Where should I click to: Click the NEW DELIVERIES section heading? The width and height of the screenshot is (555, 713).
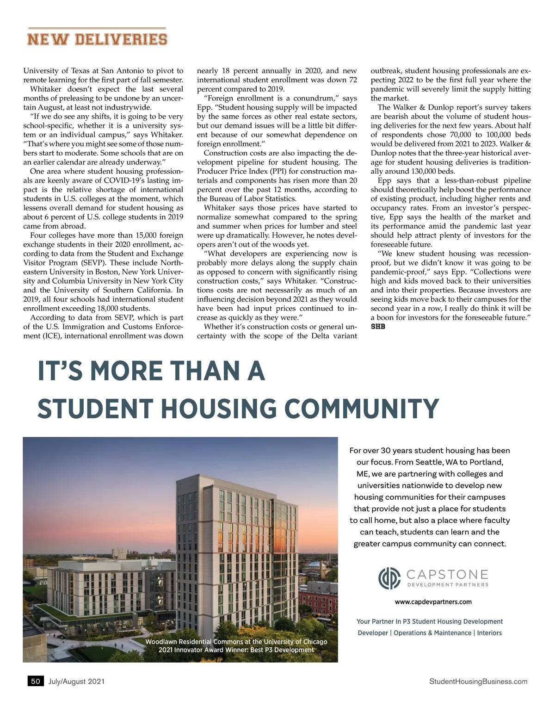click(97, 39)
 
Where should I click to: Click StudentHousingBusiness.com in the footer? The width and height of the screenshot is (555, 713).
click(478, 681)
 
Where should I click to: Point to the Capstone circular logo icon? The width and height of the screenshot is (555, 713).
click(389, 578)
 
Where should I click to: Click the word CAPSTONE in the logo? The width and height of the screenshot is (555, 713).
click(447, 575)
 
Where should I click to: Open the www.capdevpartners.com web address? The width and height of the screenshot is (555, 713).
click(433, 602)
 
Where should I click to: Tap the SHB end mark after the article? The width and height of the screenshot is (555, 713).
click(378, 327)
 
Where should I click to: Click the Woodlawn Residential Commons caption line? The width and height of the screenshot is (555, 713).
click(236, 642)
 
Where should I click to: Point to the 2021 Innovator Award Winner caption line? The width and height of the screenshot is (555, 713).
click(236, 650)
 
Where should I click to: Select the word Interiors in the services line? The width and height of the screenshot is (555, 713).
click(489, 633)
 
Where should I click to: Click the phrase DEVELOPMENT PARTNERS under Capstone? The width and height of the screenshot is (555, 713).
click(448, 585)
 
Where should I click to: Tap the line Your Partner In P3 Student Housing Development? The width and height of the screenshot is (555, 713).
click(429, 621)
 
